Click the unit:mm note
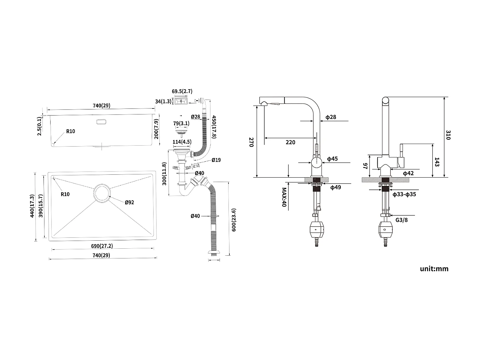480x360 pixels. coord(434,269)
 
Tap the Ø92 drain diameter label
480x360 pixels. coord(129,202)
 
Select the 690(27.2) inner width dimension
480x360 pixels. coord(102,246)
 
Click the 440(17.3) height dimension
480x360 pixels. coord(32,206)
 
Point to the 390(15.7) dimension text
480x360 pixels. coord(41,206)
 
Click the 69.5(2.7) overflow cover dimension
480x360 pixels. coord(182,91)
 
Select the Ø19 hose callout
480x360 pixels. coord(216,160)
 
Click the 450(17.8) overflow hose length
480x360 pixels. coord(214,127)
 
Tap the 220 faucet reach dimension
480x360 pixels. coord(290,142)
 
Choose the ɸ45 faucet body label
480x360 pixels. coord(332,159)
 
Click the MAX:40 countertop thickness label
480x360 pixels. coord(284,197)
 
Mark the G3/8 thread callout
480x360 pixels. coord(402,220)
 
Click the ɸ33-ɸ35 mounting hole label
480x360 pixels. coord(404,194)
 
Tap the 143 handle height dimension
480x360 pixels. coord(437,162)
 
